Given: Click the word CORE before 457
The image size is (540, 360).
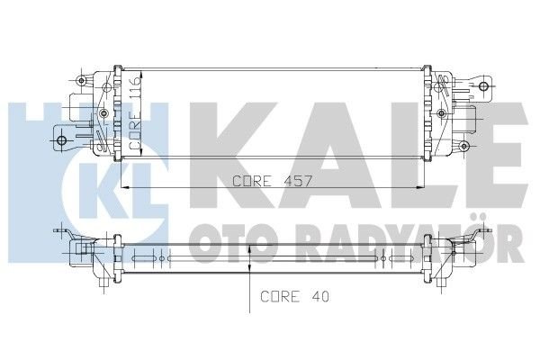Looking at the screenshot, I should coord(253,181).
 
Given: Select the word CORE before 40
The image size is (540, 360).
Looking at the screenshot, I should coord(279,295).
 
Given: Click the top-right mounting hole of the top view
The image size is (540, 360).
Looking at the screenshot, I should coord(486,88).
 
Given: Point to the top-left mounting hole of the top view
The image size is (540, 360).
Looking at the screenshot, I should coord(83,82).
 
